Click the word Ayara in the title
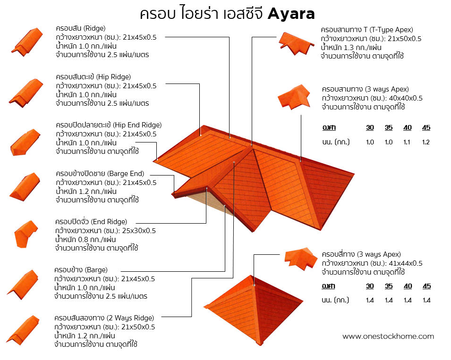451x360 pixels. [291, 14]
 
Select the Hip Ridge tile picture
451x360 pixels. [26, 92]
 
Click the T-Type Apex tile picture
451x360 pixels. [296, 42]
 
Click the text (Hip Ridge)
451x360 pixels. [114, 77]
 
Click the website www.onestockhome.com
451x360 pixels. [388, 336]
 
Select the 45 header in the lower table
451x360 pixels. [427, 286]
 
